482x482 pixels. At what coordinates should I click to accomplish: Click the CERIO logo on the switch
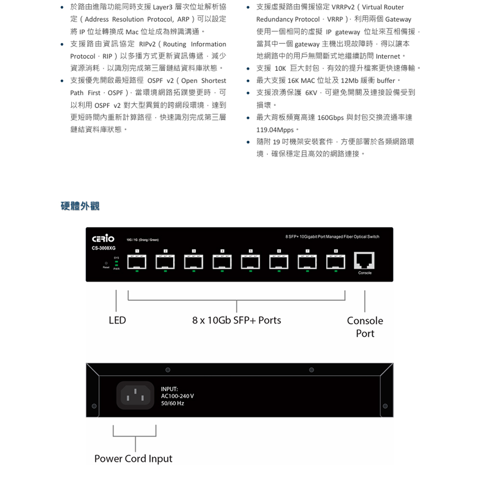pyautogui.click(x=103, y=239)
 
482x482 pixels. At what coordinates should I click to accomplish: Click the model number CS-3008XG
pyautogui.click(x=104, y=248)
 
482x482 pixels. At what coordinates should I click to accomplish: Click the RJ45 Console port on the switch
pyautogui.click(x=365, y=261)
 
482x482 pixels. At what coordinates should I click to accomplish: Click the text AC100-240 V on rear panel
pyautogui.click(x=177, y=396)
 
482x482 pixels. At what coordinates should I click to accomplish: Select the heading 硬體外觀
pyautogui.click(x=80, y=206)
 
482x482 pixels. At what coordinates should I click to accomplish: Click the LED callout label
pyautogui.click(x=117, y=320)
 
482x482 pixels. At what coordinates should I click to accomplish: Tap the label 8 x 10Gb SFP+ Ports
pyautogui.click(x=236, y=320)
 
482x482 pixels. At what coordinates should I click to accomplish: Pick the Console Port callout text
pyautogui.click(x=365, y=327)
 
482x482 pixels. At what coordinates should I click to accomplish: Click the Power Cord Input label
pyautogui.click(x=133, y=458)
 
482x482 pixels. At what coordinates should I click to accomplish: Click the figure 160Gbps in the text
pyautogui.click(x=331, y=118)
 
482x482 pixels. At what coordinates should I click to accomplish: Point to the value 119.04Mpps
pyautogui.click(x=275, y=130)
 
